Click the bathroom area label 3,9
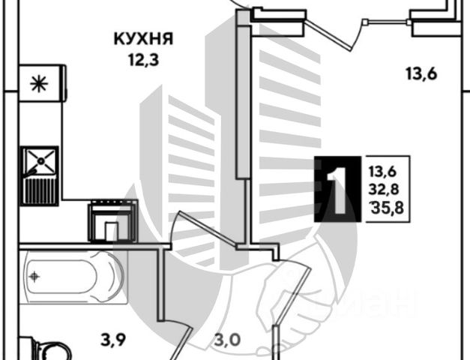[114, 340]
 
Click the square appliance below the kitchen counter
[112, 220]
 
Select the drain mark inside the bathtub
[34, 275]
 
